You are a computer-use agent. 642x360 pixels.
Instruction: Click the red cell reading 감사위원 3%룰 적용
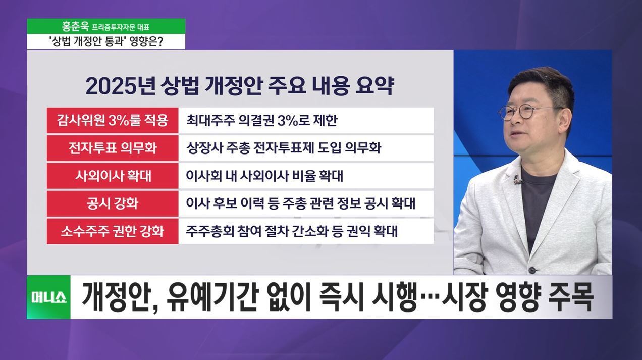[113, 120]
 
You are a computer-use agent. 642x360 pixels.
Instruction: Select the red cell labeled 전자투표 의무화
[113, 148]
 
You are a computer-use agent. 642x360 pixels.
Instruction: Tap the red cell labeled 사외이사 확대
[113, 176]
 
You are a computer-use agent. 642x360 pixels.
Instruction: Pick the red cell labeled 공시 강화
[113, 203]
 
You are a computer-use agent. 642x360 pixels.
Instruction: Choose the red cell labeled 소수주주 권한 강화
[113, 231]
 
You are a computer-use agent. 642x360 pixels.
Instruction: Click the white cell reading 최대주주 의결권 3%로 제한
[306, 120]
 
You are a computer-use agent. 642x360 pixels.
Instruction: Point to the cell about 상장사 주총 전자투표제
[306, 148]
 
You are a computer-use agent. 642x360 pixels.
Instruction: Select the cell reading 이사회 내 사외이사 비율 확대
[306, 176]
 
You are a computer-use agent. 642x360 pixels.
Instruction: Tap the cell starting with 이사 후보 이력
[306, 203]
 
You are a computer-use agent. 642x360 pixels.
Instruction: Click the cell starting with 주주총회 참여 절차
[306, 231]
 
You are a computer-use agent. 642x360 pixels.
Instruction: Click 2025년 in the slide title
[120, 86]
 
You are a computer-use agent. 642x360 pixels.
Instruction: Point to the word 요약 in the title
[375, 86]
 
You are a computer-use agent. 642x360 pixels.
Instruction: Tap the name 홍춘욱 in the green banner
[76, 27]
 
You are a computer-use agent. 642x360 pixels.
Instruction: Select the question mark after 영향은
[160, 42]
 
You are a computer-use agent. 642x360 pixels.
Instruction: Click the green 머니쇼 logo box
[48, 297]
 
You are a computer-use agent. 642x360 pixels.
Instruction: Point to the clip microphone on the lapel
[517, 180]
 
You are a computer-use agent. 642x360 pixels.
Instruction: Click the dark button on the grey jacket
[532, 270]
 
